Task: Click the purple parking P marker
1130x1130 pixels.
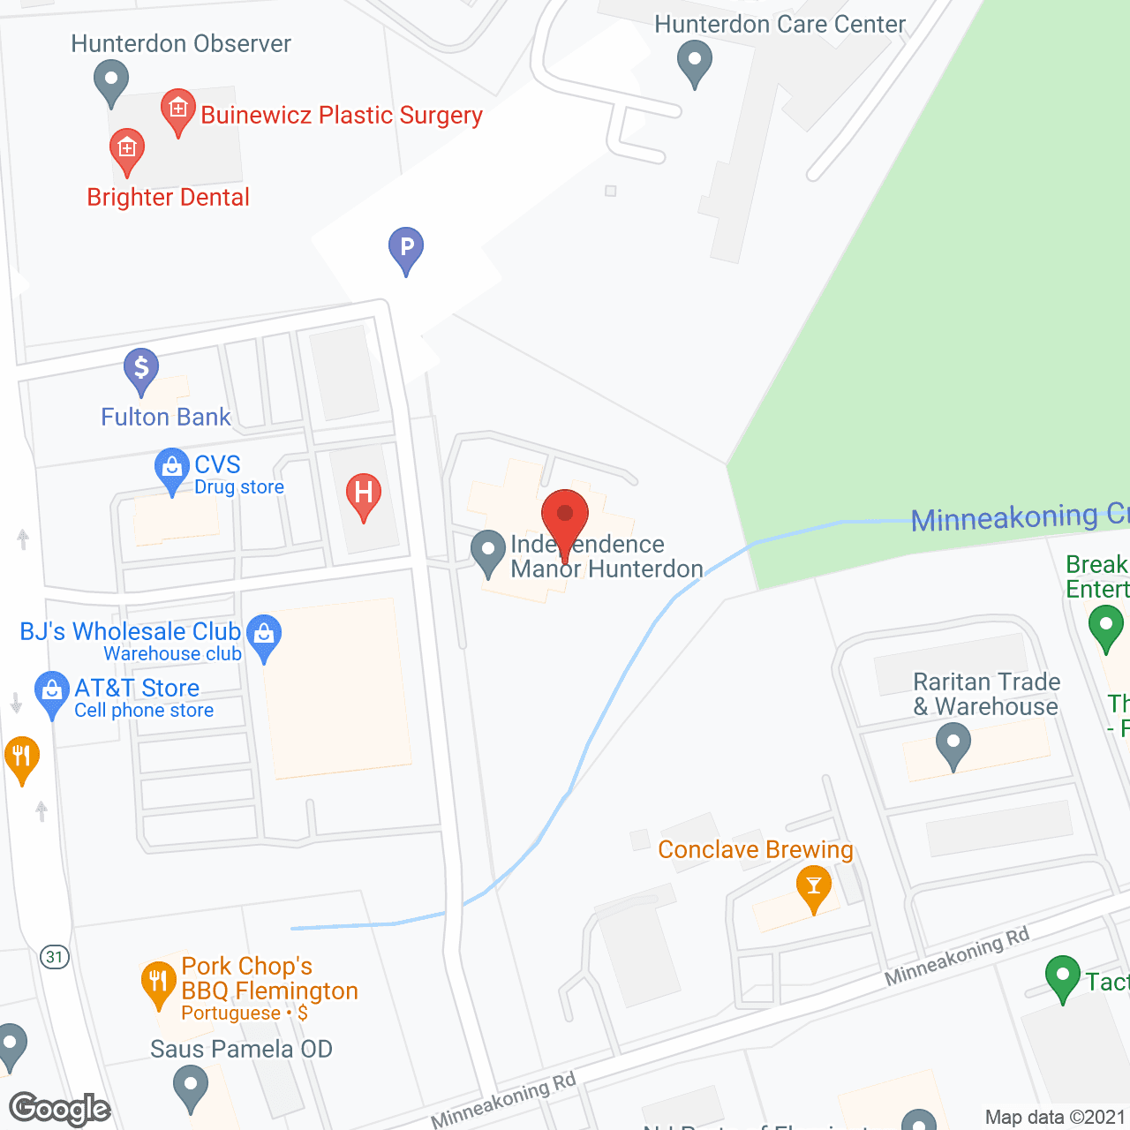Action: point(406,248)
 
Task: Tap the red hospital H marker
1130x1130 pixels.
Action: point(363,493)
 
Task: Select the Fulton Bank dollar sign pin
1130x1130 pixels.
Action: point(141,368)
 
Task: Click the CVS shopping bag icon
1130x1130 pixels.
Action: point(171,468)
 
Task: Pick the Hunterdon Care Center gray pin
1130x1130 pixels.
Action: point(695,63)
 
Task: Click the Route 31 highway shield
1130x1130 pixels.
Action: point(55,957)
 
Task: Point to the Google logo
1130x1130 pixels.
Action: point(59,1108)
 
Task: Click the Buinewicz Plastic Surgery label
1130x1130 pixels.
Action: point(342,116)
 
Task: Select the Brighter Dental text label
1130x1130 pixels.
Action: point(168,197)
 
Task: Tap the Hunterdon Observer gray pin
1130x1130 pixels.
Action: point(111,80)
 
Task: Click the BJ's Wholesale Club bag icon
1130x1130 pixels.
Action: point(264,635)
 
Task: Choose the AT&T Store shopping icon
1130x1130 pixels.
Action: point(52,692)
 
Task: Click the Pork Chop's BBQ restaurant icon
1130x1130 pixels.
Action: point(158,981)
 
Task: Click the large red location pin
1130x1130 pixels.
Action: point(565,516)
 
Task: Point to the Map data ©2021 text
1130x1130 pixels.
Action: point(1055,1117)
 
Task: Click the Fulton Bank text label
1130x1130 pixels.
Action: point(165,417)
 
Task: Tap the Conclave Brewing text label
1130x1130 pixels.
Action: point(756,849)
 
